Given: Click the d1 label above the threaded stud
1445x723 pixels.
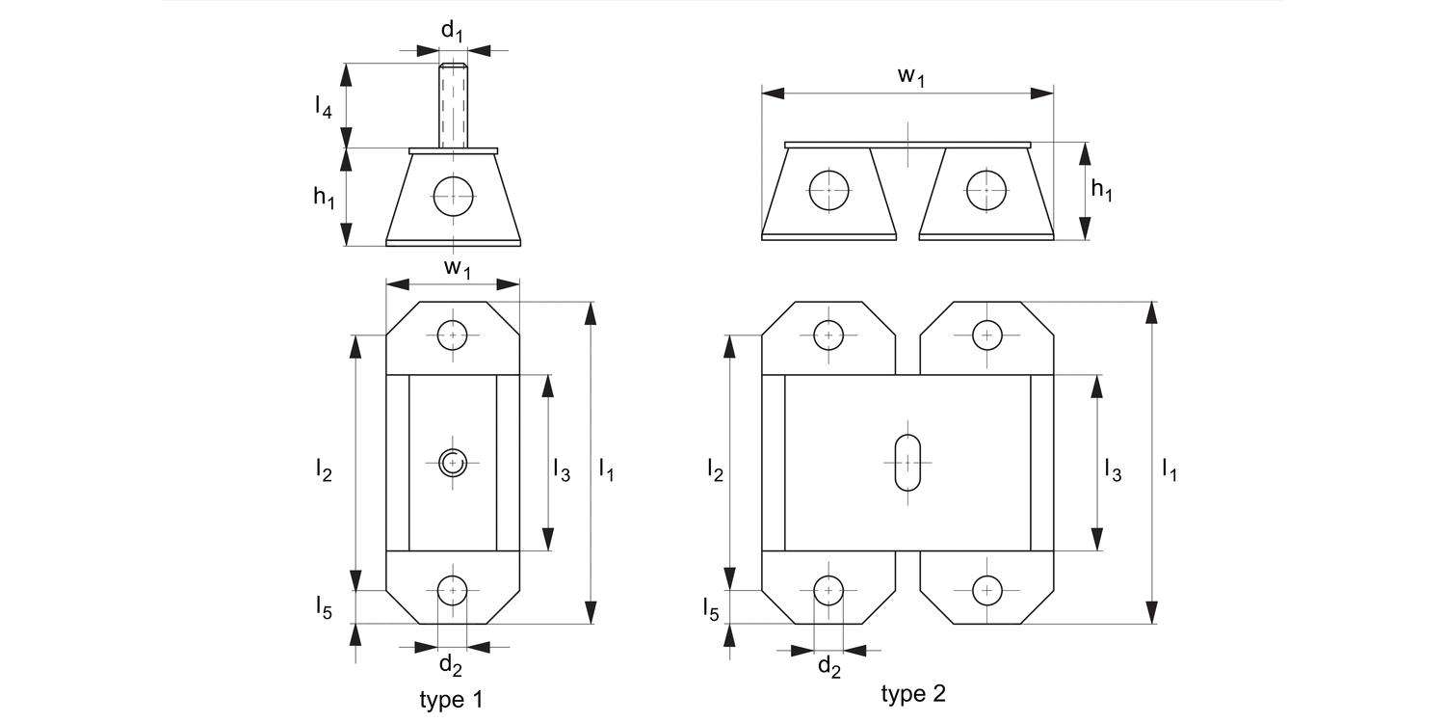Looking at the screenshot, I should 452,31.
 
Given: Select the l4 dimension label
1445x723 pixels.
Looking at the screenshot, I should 324,107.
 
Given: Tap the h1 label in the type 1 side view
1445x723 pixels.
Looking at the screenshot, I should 324,198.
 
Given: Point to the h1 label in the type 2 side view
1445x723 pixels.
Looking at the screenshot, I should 1101,190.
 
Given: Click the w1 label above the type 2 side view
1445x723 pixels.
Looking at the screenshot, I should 910,77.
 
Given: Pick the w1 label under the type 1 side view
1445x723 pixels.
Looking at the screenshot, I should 457,269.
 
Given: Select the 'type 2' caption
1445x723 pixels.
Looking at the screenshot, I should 913,693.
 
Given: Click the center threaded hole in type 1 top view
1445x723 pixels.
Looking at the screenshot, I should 452,463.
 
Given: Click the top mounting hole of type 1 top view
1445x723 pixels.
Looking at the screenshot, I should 452,335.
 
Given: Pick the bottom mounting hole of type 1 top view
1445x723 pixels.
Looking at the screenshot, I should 452,589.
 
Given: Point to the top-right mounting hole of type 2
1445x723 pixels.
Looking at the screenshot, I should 986,335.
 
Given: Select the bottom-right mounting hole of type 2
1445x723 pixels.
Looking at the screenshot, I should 986,589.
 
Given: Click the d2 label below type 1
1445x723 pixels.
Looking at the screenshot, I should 450,664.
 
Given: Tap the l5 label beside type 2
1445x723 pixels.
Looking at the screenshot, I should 710,608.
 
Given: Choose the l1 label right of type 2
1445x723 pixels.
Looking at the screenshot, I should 1169,470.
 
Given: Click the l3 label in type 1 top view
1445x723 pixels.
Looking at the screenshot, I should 562,470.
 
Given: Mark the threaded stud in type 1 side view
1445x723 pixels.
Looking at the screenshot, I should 453,106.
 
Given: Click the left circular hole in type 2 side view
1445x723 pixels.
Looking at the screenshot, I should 828,190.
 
